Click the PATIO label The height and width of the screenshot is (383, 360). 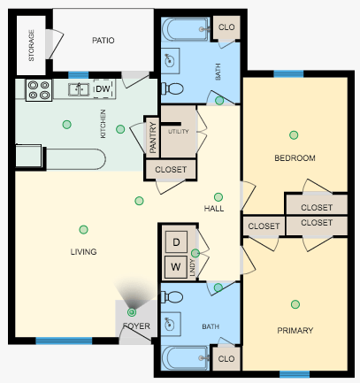click(104, 41)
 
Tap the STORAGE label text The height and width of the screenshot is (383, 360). click(32, 45)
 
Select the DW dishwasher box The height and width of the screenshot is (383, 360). click(103, 88)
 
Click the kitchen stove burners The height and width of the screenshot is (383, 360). click(40, 88)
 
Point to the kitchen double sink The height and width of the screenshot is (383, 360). click(80, 88)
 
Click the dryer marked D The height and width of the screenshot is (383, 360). click(175, 241)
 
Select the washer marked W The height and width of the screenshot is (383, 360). click(175, 264)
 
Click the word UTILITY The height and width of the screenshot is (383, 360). click(180, 132)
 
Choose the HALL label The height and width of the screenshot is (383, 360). click(214, 209)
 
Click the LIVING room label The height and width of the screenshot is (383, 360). click(83, 252)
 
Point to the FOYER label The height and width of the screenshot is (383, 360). click(136, 326)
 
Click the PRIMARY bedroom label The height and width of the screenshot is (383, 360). click(295, 330)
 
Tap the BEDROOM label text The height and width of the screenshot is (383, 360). click(295, 158)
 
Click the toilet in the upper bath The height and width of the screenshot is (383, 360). click(174, 88)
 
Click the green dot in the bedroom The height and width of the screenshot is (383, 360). click(293, 135)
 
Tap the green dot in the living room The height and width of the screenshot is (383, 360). click(83, 229)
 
